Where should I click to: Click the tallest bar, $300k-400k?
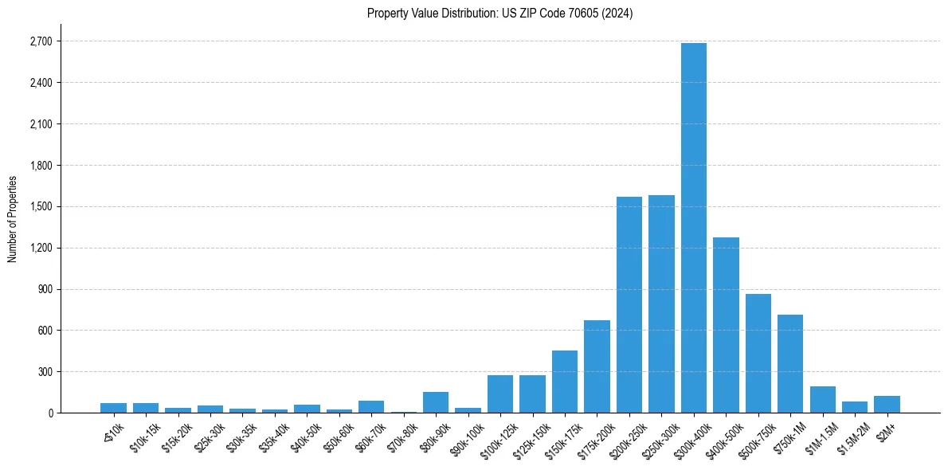pos(693,228)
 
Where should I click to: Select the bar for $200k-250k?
pos(629,304)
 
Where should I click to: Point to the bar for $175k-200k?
pos(597,366)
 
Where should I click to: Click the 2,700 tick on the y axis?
pos(41,41)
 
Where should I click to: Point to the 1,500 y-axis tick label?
pos(41,206)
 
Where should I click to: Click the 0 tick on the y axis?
pos(50,413)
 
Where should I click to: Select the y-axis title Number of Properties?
pos(12,219)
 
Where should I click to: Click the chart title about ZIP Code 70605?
pos(499,14)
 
